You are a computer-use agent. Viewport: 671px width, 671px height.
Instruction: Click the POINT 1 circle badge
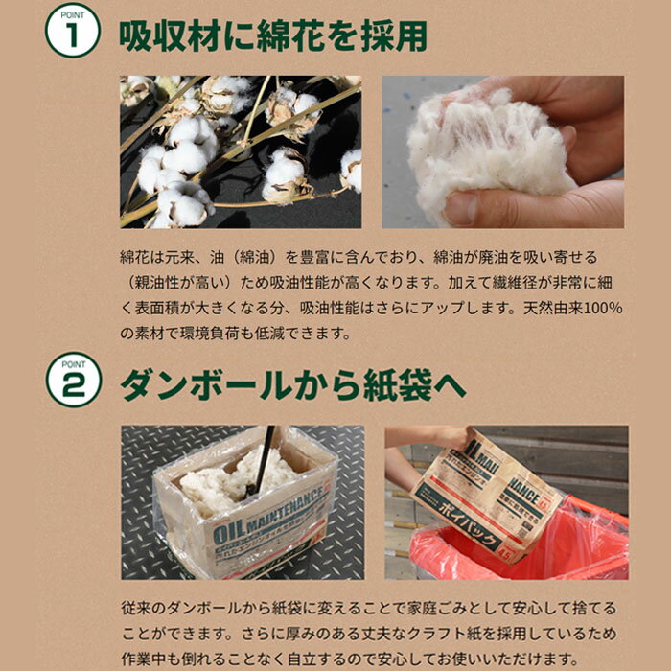coord(73,31)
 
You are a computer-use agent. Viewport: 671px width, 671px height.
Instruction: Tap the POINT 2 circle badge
coord(74,380)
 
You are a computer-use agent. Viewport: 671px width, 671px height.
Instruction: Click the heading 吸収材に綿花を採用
coord(273,36)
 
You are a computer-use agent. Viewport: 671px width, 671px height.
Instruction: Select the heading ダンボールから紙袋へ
coord(293,385)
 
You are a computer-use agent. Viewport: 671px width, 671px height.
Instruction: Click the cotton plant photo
coord(241,151)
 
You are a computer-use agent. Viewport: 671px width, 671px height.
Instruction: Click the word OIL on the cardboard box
coord(228,532)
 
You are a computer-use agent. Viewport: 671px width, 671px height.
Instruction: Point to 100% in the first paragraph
coord(603,308)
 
